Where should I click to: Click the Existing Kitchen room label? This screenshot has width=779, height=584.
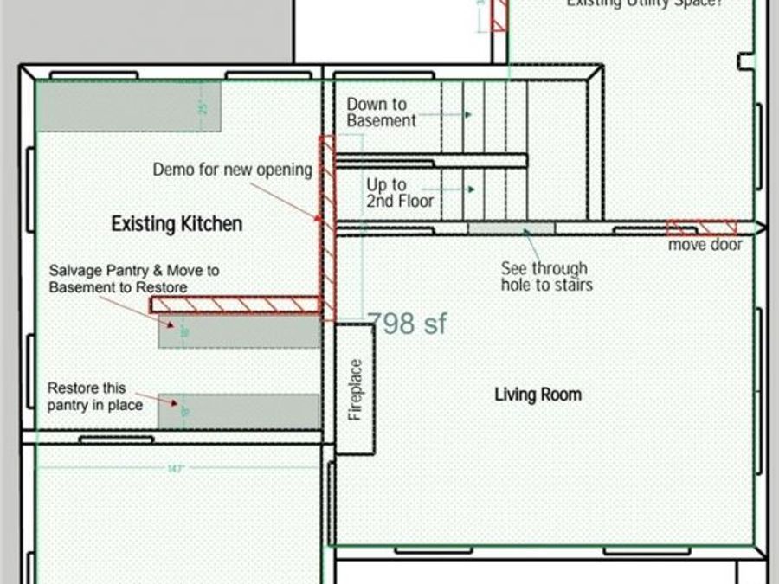click(x=177, y=224)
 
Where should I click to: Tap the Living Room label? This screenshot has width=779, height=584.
click(x=538, y=395)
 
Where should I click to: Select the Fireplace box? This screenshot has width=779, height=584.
click(x=355, y=388)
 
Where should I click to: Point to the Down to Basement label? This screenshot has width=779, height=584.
click(x=382, y=112)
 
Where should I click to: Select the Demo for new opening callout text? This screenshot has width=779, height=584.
click(x=232, y=170)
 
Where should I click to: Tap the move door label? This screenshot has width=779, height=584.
click(x=705, y=245)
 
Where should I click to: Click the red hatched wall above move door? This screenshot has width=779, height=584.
click(x=701, y=228)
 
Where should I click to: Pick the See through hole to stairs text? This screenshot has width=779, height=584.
click(x=545, y=276)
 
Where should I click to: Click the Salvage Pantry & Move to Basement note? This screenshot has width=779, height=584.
click(x=134, y=279)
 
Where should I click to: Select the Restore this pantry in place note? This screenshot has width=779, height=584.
click(x=94, y=396)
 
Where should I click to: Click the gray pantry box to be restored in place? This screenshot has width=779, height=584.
click(x=239, y=410)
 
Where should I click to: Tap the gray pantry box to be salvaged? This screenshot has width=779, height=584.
click(x=239, y=332)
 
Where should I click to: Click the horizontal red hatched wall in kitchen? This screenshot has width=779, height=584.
click(x=235, y=305)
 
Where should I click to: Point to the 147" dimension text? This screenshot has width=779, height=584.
click(x=177, y=468)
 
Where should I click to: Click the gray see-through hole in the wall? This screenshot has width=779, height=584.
click(x=511, y=228)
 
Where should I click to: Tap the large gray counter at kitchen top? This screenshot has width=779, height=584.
click(x=129, y=106)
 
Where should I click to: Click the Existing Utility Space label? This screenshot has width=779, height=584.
click(x=644, y=3)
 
